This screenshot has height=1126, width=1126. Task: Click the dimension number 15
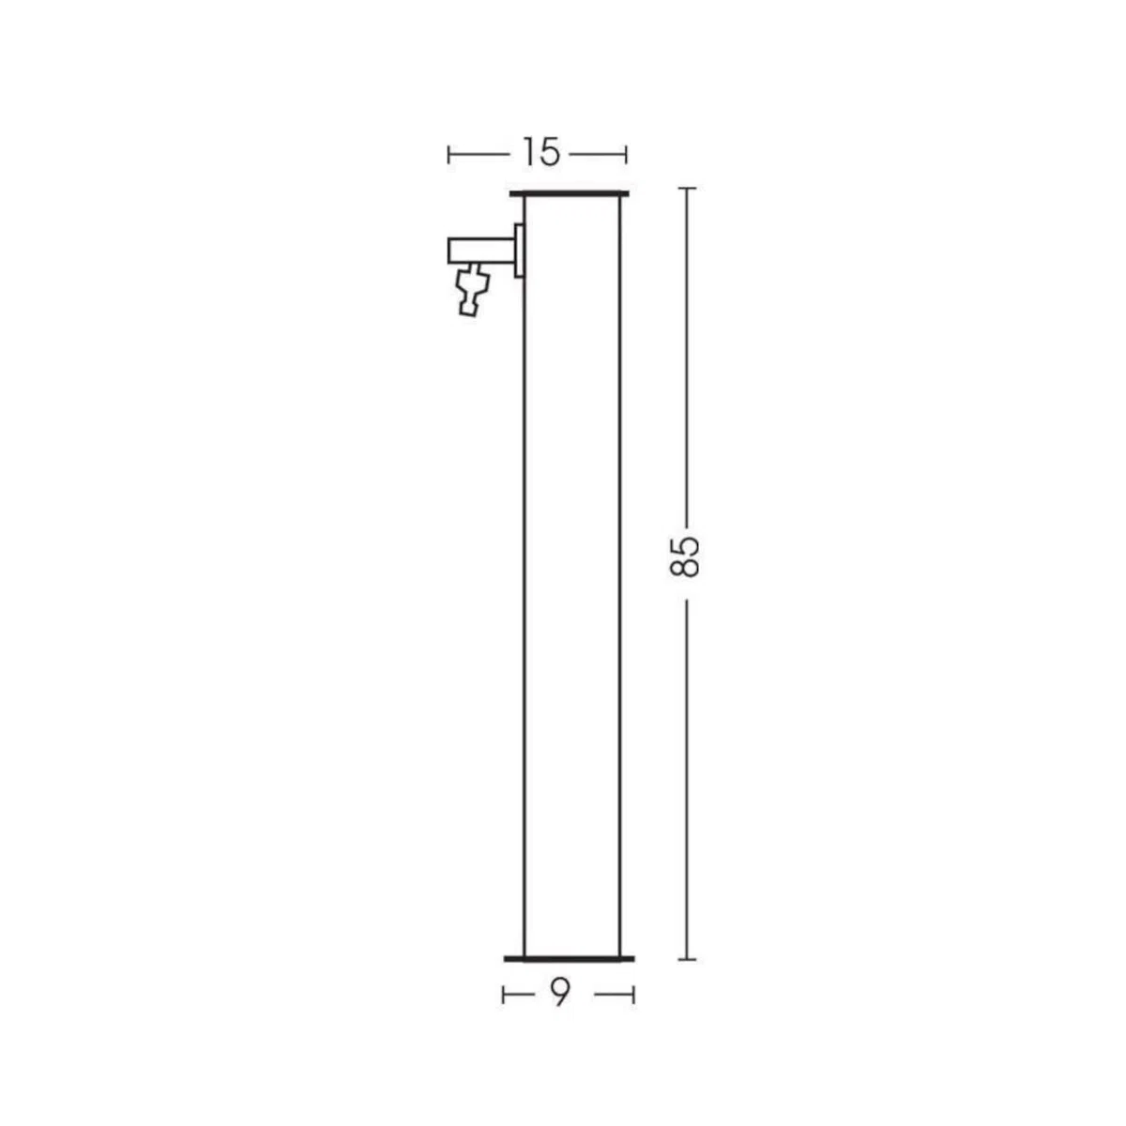pyautogui.click(x=541, y=154)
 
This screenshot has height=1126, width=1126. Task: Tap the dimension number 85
pyautogui.click(x=684, y=556)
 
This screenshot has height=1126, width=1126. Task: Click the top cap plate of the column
pyautogui.click(x=570, y=193)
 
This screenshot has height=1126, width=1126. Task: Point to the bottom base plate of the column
pyautogui.click(x=570, y=959)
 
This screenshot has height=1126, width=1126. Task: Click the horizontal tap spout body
pyautogui.click(x=481, y=250)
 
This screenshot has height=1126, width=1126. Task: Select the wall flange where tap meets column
pyautogui.click(x=519, y=251)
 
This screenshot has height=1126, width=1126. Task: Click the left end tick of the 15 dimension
pyautogui.click(x=449, y=155)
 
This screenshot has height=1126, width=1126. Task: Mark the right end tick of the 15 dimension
pyautogui.click(x=626, y=155)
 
